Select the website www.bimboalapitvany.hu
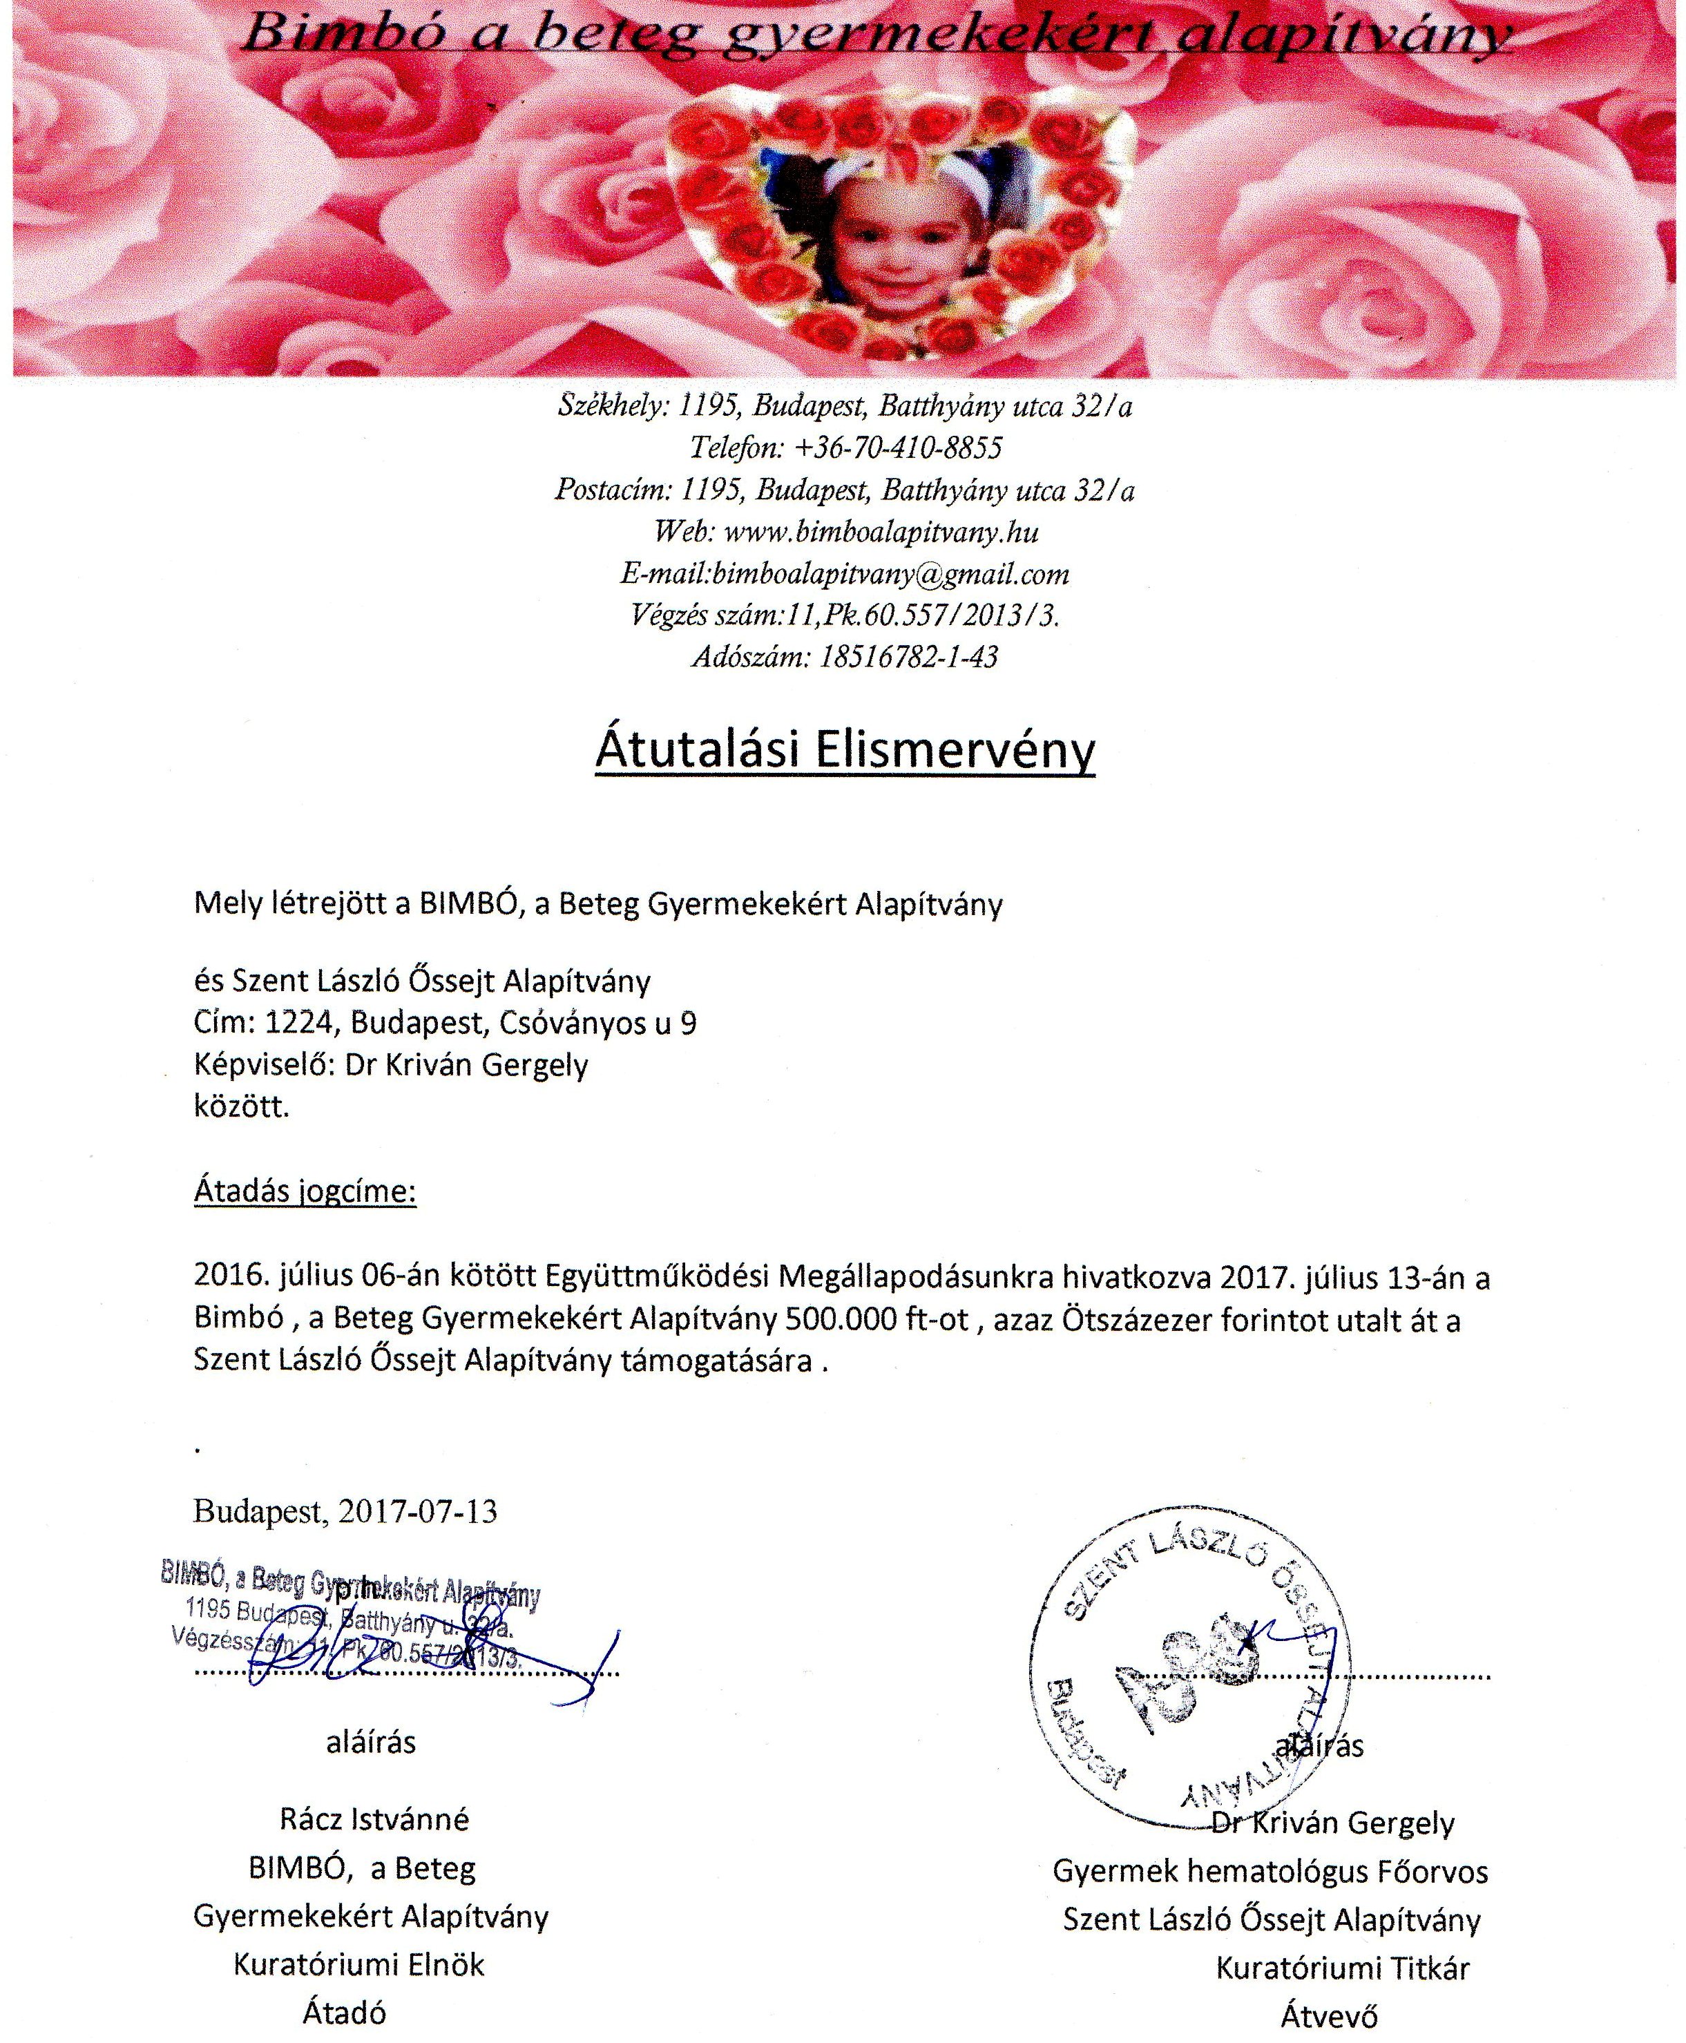(x=882, y=532)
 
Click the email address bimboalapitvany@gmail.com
(x=890, y=574)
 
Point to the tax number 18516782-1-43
(x=908, y=658)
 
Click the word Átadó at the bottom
(x=344, y=2013)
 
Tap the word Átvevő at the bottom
(x=1329, y=2016)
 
